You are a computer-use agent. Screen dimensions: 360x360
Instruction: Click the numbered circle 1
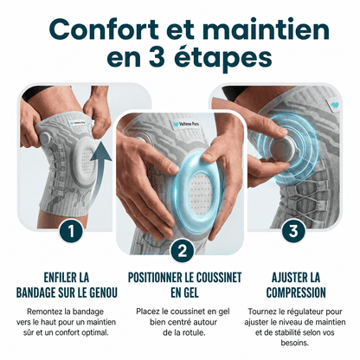[71, 231]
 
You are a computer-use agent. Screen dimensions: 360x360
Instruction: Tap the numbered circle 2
[183, 251]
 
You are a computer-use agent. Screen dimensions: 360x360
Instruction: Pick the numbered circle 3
[293, 230]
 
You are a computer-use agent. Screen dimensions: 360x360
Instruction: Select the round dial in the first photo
[46, 138]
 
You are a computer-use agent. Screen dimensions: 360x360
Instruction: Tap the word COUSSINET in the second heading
[219, 277]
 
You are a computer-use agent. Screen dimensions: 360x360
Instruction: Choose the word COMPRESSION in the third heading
[296, 292]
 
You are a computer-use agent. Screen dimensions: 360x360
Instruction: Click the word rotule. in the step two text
[192, 332]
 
